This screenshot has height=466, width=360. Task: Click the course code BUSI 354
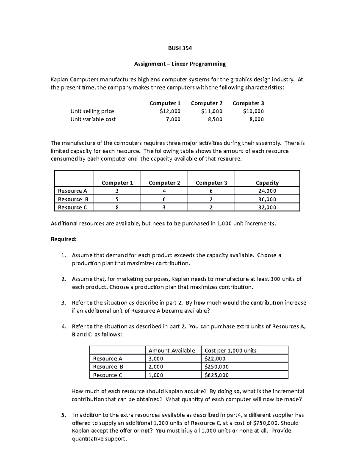point(179,48)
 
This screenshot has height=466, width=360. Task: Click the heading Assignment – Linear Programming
point(179,64)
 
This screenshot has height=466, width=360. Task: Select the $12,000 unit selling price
point(170,111)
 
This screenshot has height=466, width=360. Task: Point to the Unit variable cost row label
point(93,119)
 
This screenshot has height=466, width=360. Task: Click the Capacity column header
point(267,183)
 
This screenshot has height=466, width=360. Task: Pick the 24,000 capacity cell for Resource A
point(267,191)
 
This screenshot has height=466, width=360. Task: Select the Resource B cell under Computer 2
point(164,199)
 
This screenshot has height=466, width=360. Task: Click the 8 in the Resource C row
point(117,207)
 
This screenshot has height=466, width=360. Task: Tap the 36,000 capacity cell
point(267,199)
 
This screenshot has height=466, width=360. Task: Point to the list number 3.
point(63,303)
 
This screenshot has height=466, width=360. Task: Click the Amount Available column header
point(172,350)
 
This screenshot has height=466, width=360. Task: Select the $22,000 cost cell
point(215,359)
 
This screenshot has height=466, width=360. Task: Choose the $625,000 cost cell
point(216,375)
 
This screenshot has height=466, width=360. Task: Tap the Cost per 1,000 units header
point(230,350)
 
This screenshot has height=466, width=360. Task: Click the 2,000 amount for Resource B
point(156,367)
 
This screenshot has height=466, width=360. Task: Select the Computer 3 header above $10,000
point(248,103)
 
